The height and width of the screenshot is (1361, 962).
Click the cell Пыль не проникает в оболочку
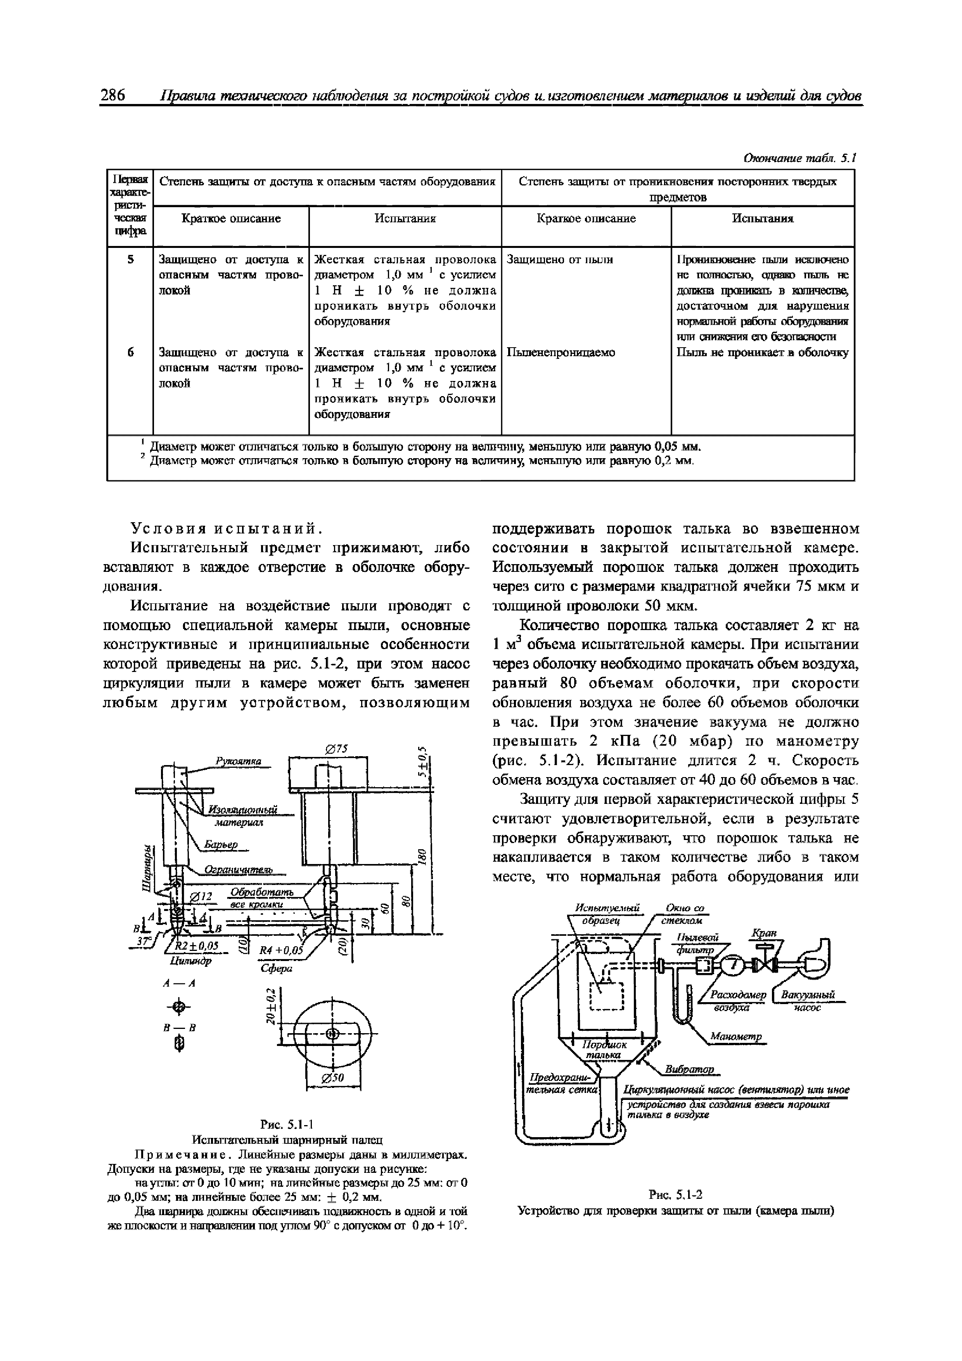[x=762, y=353]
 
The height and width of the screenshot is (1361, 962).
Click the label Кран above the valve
[x=763, y=933]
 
